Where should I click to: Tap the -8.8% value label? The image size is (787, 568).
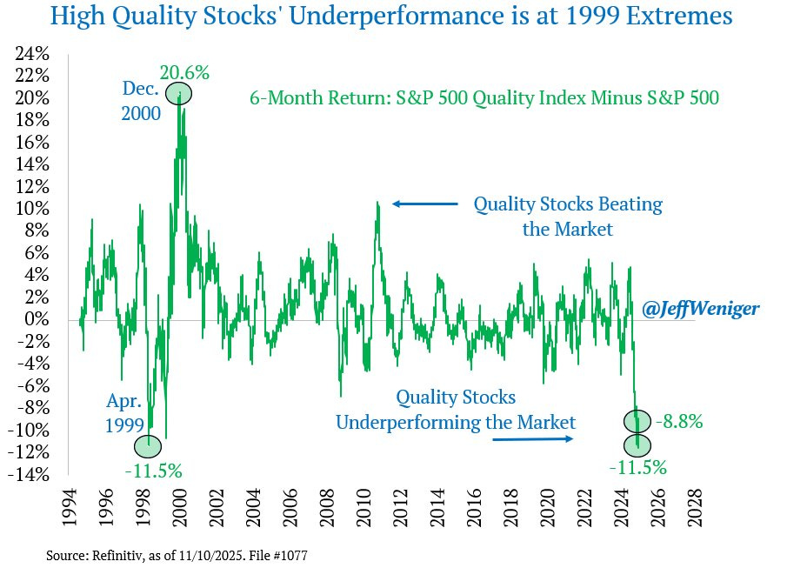point(679,422)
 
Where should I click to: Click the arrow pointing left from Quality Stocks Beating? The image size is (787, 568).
point(424,204)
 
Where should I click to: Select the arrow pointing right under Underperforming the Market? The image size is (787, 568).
point(533,439)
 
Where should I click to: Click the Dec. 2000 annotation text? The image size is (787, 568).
point(142,102)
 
